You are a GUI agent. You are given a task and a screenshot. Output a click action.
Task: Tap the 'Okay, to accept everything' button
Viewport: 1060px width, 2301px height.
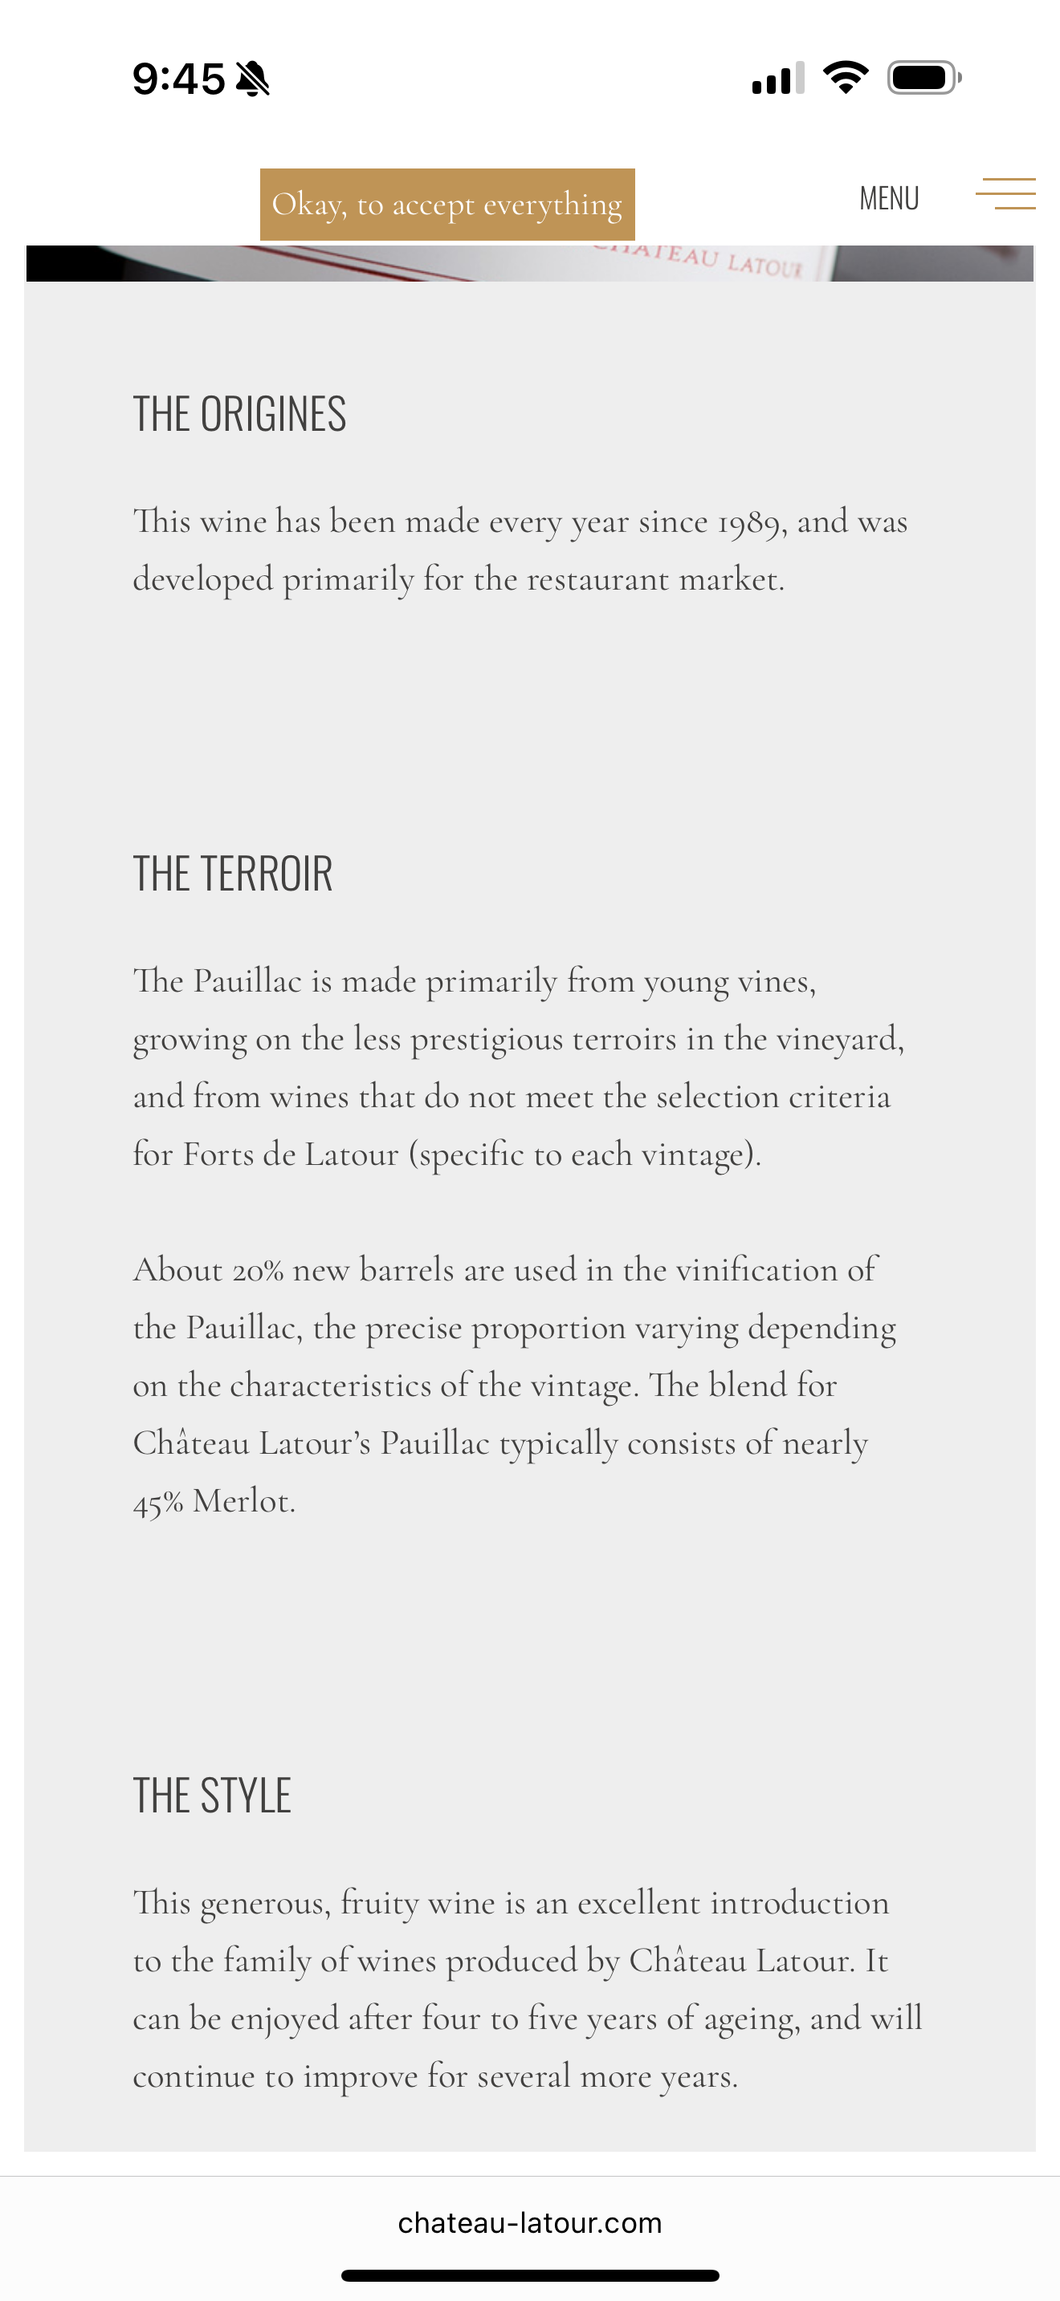[x=446, y=205]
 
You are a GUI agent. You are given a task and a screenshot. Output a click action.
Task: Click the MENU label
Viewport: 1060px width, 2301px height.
[x=888, y=198]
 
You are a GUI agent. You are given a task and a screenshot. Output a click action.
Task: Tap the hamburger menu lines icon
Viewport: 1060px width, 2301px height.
[x=1005, y=194]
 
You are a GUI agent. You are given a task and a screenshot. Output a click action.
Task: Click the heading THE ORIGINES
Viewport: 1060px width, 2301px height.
[x=239, y=415]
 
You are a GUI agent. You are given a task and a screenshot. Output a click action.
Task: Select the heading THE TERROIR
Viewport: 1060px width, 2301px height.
[x=232, y=874]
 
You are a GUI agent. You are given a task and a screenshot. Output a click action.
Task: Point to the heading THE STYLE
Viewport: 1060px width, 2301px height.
[x=212, y=1796]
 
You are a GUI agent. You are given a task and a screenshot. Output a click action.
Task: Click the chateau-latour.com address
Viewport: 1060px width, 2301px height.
[x=530, y=2222]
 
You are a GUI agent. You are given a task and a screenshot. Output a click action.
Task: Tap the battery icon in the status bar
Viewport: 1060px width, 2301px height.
[x=923, y=78]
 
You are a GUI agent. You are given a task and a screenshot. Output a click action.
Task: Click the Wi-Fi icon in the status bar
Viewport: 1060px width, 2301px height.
[x=846, y=78]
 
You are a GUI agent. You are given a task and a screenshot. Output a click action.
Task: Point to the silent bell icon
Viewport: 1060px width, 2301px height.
[x=253, y=79]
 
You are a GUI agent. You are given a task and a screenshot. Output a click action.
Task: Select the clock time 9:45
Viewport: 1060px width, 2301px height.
[x=179, y=79]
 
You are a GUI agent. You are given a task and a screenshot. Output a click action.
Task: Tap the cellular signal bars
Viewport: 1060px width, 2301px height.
[x=777, y=79]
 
